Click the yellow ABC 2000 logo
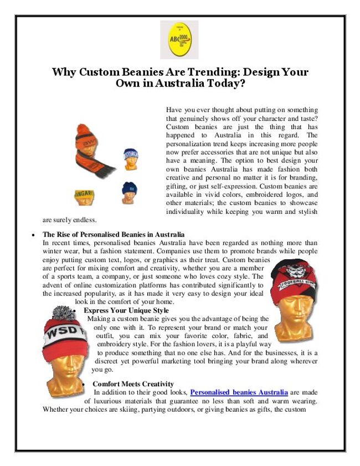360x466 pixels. click(179, 39)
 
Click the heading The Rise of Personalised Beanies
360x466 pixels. click(114, 234)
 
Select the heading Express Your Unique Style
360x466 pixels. click(126, 310)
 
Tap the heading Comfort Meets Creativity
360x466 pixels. click(133, 383)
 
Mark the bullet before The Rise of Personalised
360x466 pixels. click(34, 235)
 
